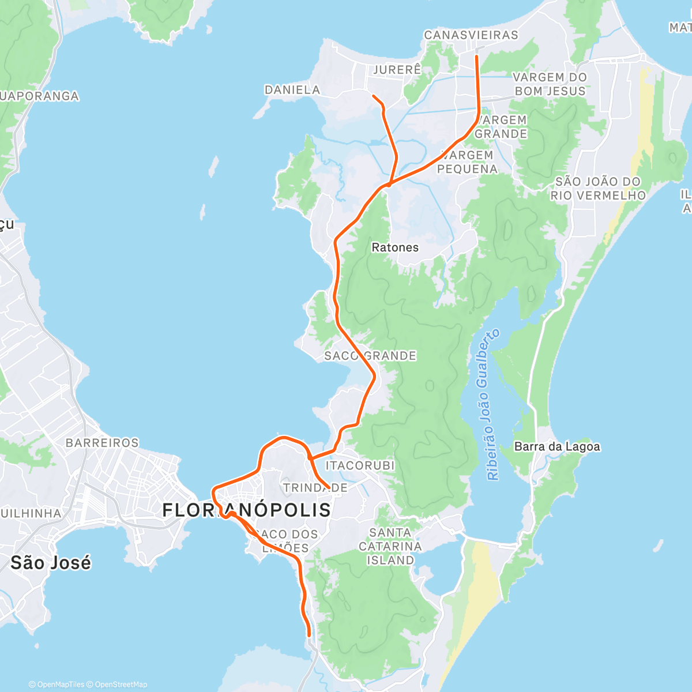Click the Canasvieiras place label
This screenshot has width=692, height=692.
pos(471,35)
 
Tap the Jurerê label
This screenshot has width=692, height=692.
pos(397,70)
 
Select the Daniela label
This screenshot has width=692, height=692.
pos(292,90)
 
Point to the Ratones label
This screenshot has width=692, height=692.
pos(395,247)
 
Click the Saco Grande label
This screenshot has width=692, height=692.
pos(370,356)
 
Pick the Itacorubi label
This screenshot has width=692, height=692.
pos(360,465)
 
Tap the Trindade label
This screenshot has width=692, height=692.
pos(315,488)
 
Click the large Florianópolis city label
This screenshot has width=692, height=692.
pos(247,510)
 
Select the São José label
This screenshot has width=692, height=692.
pos(51,562)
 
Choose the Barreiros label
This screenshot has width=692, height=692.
pos(102,443)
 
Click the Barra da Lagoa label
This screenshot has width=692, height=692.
pos(557,446)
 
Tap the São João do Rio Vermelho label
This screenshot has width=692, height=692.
pos(598,189)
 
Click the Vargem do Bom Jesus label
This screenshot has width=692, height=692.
pos(550,84)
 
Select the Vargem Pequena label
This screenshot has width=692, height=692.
pos(467,162)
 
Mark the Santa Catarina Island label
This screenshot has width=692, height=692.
pos(391,546)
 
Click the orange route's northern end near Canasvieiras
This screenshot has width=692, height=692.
pos(476,57)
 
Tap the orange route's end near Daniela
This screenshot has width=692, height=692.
pos(374,96)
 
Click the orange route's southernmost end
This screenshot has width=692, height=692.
pos(310,635)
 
